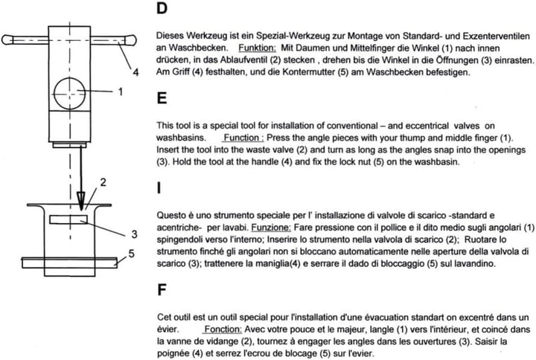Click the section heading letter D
pos(163,10)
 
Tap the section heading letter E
pos(163,99)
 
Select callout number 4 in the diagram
pos(135,72)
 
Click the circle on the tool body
pos(69,92)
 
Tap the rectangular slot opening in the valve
pos(69,219)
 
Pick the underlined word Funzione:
pos(273,225)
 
